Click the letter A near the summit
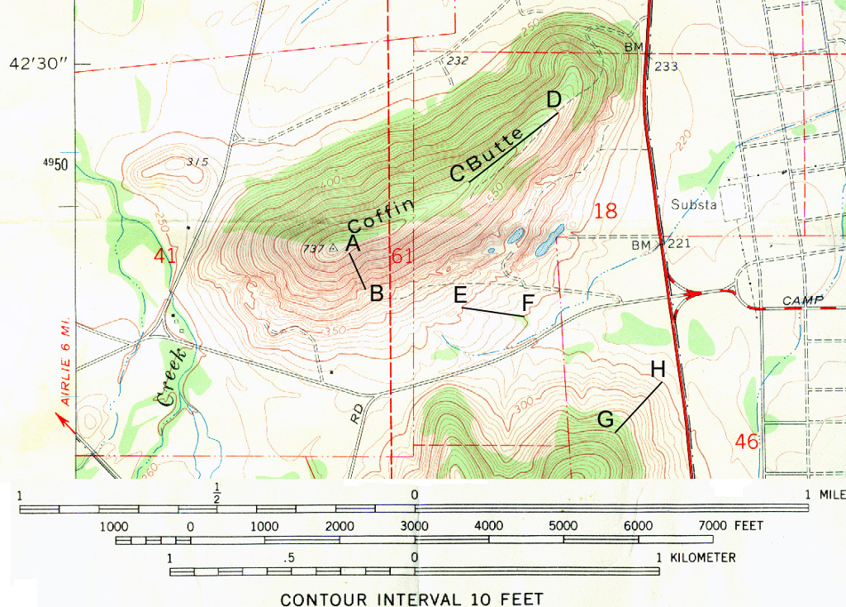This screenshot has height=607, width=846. pos(353,242)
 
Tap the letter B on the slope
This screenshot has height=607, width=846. pos(376,293)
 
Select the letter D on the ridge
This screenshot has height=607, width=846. pos(554,99)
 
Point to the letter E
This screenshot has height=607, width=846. pos(460,294)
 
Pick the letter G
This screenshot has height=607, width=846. pos(606,421)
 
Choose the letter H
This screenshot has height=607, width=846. pos(658,370)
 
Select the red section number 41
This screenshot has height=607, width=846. pos(164,256)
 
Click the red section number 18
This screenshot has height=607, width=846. pos(606,211)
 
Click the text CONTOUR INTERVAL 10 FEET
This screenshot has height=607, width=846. pos(412,599)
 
